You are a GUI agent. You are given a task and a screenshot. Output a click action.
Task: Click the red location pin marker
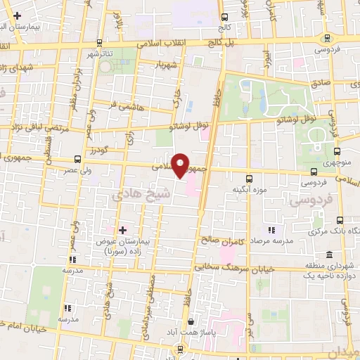coord(181,165)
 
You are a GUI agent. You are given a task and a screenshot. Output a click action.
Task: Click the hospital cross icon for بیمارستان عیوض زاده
coord(122,229)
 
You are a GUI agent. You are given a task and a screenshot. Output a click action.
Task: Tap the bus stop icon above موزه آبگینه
coord(250,179)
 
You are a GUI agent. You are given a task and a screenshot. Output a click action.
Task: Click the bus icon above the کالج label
coord(224,18)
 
